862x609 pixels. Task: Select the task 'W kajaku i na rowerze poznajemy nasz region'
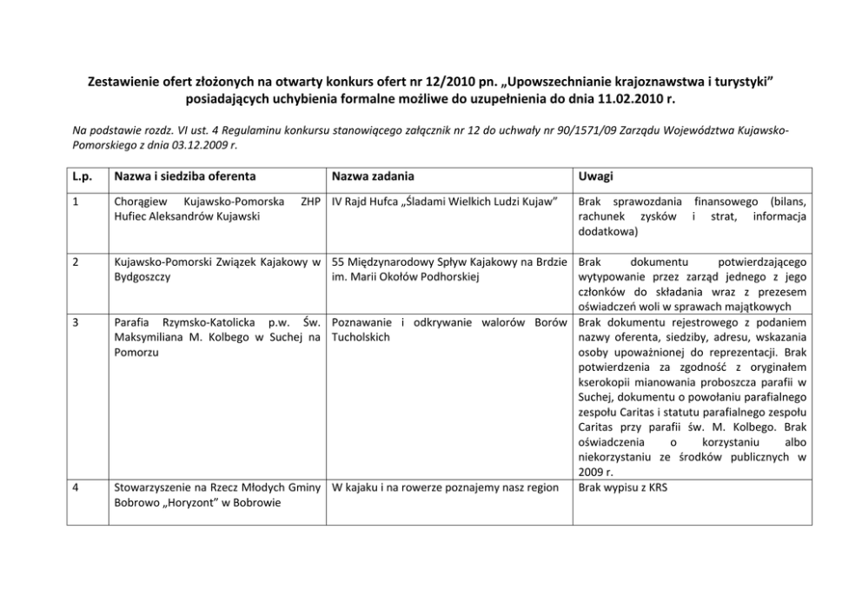(445, 487)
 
